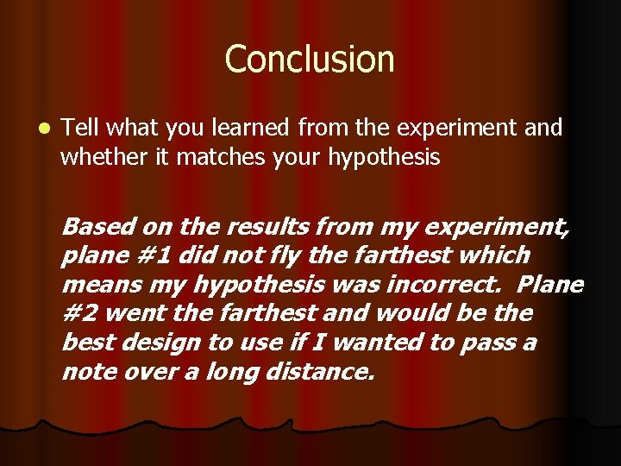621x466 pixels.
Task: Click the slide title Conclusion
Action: (310, 60)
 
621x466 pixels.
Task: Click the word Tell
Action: (79, 128)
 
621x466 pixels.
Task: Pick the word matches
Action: (220, 157)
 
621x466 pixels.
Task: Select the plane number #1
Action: (140, 256)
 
